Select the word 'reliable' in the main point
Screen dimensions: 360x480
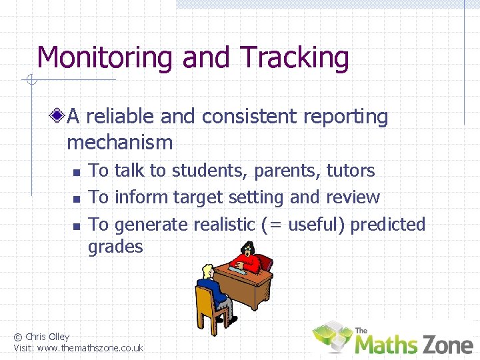[121, 117]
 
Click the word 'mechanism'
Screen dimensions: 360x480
[120, 142]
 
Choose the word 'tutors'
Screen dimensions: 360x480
[350, 171]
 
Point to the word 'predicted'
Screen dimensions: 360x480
[387, 225]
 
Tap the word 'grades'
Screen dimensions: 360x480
[115, 247]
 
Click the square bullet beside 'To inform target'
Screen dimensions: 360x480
[76, 199]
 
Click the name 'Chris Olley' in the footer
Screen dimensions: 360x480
[47, 337]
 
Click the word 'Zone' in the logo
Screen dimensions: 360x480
[446, 344]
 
